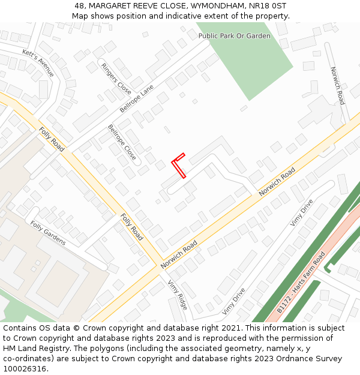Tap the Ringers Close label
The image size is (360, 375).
pos(116,79)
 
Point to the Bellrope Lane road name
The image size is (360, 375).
pos(137,98)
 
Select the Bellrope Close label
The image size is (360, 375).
pos(122,142)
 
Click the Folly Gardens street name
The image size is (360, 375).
pos(48,233)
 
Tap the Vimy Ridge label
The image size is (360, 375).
pos(178,295)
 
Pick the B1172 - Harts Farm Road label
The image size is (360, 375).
pos(301,283)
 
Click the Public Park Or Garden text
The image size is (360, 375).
pos(235,36)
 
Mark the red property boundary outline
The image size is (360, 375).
pos(179,166)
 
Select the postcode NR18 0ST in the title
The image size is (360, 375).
pos(266,6)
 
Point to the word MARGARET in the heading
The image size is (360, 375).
pos(110,6)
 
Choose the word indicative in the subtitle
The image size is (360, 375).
pos(185,16)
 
